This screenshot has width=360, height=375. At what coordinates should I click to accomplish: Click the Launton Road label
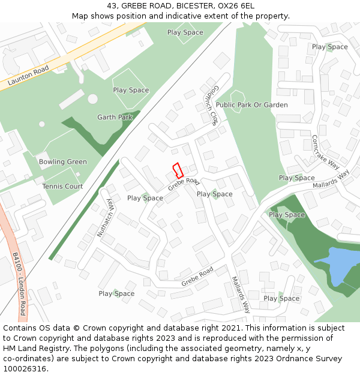click(x=28, y=76)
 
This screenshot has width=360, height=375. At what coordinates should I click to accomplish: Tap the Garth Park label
click(x=115, y=118)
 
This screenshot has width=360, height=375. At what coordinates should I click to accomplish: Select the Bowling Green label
click(x=63, y=162)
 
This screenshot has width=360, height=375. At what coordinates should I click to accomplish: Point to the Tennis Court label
click(x=62, y=187)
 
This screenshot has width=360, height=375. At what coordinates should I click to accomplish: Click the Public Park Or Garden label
click(x=251, y=105)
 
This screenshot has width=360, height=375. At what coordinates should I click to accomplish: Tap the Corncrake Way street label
click(x=325, y=152)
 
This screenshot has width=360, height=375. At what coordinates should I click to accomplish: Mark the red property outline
click(x=178, y=170)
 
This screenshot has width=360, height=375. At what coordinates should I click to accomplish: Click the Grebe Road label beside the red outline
click(x=183, y=184)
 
